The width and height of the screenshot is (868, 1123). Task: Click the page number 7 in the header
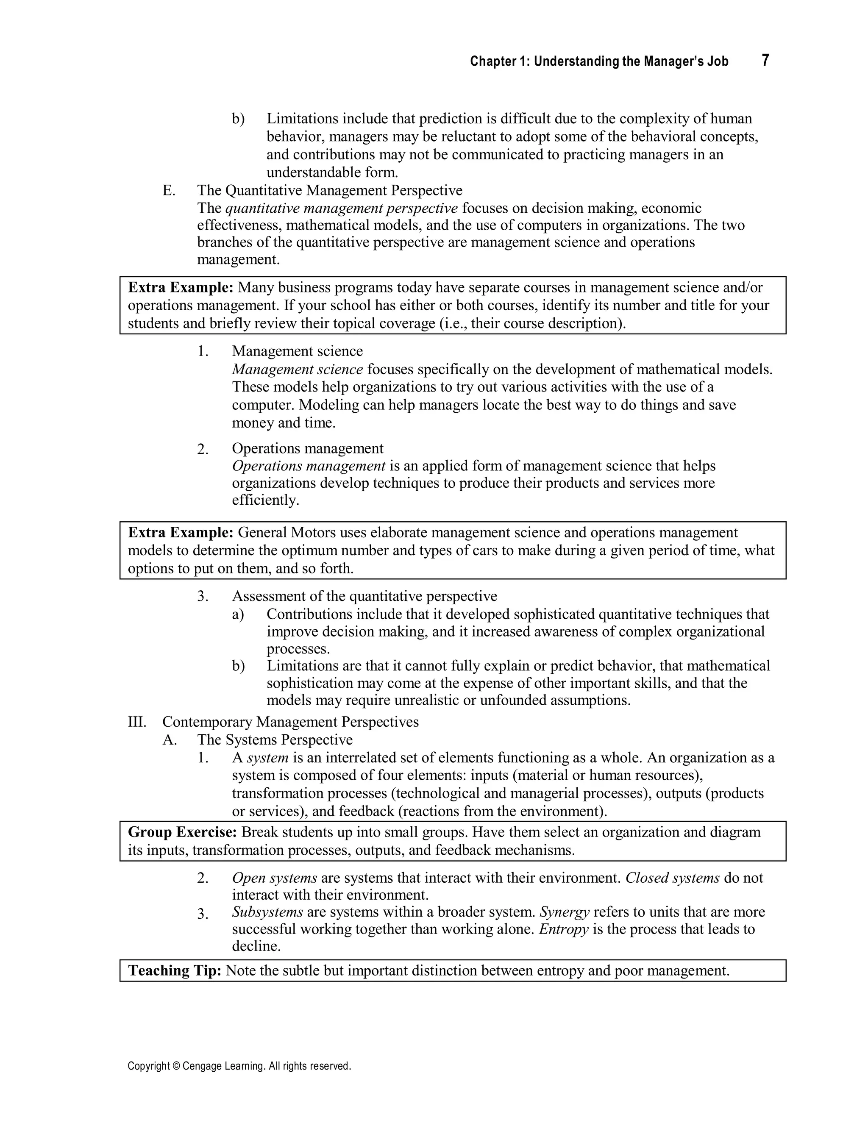pos(765,61)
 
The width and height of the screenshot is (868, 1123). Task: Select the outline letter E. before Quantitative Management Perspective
pos(169,191)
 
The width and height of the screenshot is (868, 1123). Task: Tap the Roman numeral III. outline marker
pos(137,722)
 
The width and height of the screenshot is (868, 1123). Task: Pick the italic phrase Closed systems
pos(672,878)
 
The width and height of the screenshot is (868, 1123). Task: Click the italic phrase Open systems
pos(274,878)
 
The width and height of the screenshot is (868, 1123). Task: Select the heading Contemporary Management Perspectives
pos(290,722)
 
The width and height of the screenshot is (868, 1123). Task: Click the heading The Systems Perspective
pos(275,740)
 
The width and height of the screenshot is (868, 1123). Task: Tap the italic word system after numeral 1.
pos(267,758)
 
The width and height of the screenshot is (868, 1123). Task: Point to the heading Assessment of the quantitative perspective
pos(364,597)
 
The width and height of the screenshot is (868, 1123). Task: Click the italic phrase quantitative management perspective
pos(342,208)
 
